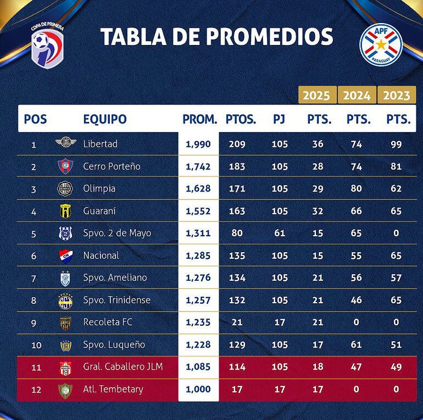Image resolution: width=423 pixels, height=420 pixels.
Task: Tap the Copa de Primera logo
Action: point(47,44)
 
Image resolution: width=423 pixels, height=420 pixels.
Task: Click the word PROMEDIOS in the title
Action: point(269,37)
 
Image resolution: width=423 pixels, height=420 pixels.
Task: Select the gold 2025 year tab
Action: point(316,95)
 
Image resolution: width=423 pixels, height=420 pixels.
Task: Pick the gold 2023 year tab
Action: point(397,95)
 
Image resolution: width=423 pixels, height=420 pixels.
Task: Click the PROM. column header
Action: point(200,119)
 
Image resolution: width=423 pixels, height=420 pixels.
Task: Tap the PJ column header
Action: point(280,119)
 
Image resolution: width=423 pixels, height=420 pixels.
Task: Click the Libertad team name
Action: point(100,144)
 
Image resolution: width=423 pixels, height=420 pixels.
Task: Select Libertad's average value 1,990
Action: point(198,144)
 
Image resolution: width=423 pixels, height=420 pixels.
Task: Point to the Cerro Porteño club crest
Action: point(65,166)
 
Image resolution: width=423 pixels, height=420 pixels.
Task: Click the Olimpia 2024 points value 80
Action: point(357,189)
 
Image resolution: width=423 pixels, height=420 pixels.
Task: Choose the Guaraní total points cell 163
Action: point(237,211)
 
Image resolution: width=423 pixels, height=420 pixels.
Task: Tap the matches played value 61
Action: point(280,233)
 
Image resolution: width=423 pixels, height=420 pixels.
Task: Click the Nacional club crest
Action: point(65,256)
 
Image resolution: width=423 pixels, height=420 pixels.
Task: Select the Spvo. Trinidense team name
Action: point(116,300)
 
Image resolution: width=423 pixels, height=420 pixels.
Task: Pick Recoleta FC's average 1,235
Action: point(198,322)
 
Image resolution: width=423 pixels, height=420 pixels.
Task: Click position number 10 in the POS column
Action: point(34,345)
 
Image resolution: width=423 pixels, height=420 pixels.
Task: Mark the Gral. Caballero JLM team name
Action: point(123,367)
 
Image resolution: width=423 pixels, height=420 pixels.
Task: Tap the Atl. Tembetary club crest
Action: point(65,390)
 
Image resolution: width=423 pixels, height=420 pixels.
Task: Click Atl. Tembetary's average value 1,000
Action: point(198,389)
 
